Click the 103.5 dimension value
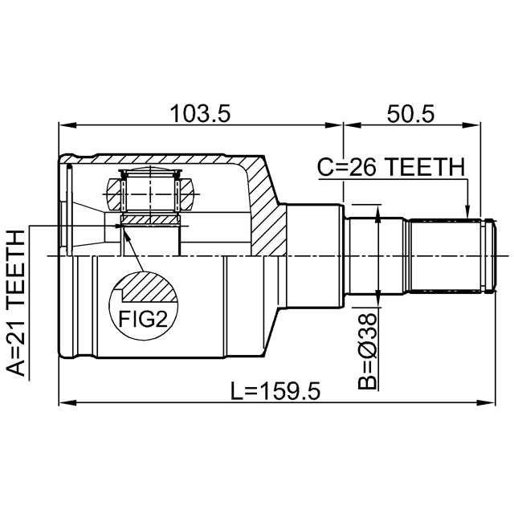200,114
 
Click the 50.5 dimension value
410,114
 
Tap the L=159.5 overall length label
275,391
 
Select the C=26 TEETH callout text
391,167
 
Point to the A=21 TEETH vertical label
15,303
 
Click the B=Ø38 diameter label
367,350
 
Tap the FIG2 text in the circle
143,319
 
